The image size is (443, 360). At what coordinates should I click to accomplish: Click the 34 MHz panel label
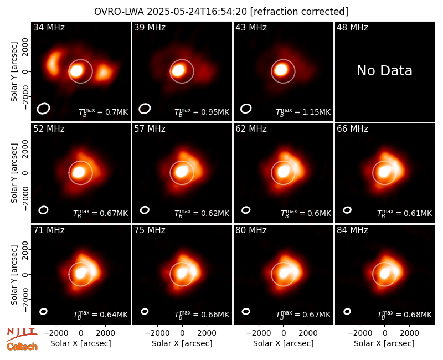click(49, 27)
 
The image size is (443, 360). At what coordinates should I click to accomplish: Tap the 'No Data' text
click(384, 71)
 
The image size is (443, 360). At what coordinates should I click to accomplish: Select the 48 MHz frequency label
click(352, 27)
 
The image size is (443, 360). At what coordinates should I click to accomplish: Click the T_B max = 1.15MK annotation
click(303, 112)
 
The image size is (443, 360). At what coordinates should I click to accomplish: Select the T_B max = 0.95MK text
click(202, 112)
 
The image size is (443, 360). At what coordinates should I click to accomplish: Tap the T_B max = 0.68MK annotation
click(405, 315)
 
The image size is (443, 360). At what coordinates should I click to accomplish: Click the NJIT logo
click(22, 333)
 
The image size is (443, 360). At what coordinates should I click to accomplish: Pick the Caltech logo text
click(22, 347)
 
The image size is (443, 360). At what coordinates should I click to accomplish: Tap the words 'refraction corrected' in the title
click(299, 12)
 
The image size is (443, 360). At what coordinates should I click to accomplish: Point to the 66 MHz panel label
click(352, 129)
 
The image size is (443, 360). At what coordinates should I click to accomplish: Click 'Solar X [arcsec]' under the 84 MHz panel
click(384, 343)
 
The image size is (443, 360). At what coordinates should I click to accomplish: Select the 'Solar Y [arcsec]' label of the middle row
click(14, 173)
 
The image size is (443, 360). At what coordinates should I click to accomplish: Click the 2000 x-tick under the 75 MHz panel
click(207, 333)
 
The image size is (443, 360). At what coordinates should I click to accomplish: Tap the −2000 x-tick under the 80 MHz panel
click(259, 333)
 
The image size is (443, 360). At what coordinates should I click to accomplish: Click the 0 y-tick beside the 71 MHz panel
click(25, 274)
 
